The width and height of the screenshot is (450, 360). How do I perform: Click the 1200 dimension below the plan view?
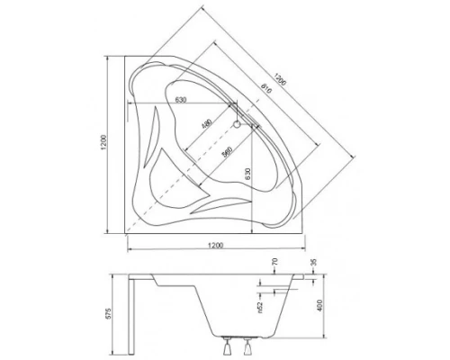pyautogui.click(x=214, y=245)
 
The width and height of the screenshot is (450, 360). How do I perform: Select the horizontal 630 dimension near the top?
pyautogui.click(x=180, y=100)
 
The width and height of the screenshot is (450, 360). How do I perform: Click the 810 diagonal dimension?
pyautogui.click(x=265, y=87)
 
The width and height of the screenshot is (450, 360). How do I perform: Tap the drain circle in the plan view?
pyautogui.click(x=237, y=124)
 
